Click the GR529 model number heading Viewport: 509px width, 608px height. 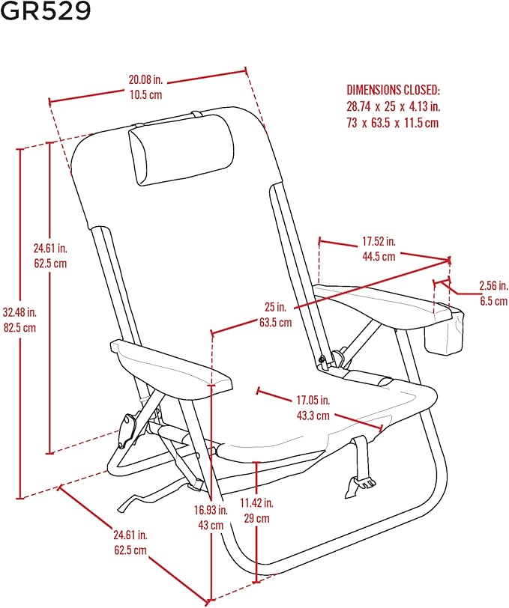click(46, 11)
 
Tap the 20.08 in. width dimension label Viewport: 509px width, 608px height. click(145, 80)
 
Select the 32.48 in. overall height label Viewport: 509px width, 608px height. click(19, 312)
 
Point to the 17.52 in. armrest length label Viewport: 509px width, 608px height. click(379, 241)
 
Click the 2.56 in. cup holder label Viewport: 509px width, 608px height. click(493, 286)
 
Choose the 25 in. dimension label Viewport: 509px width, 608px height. click(276, 307)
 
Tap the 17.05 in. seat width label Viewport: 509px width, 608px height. click(313, 400)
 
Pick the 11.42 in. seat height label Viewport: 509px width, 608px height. click(256, 503)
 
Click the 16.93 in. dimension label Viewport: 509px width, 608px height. click(211, 510)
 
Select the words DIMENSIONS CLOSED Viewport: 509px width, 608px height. click(393, 90)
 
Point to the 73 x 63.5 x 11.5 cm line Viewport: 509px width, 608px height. click(393, 123)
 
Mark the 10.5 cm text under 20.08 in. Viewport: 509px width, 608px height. click(145, 95)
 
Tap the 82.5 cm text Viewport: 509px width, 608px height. click(19, 328)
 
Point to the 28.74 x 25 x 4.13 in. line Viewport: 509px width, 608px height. click(394, 106)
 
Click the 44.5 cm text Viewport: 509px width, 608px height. click(379, 256)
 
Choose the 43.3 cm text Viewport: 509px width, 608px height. click(313, 416)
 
